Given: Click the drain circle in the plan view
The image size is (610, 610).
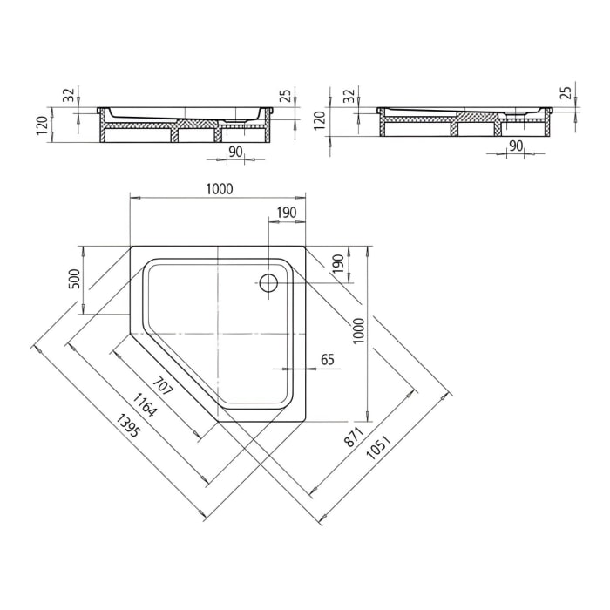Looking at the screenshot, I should [x=268, y=282].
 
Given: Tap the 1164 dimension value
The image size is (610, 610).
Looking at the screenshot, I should [x=145, y=403].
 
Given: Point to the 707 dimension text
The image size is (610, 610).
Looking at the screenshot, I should [x=163, y=384].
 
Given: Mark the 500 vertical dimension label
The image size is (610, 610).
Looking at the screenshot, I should [x=74, y=279].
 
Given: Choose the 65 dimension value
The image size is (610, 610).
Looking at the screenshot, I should [x=328, y=359].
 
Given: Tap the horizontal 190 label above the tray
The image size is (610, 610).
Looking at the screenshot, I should [x=287, y=213].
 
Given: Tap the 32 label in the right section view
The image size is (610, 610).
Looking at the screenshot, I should [x=349, y=96].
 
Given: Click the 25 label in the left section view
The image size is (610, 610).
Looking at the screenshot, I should [x=283, y=96].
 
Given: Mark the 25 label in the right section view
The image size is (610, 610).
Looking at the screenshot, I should [x=565, y=93].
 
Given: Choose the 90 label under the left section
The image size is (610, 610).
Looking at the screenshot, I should [x=234, y=152].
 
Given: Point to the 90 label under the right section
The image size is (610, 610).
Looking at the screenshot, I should [x=515, y=146].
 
